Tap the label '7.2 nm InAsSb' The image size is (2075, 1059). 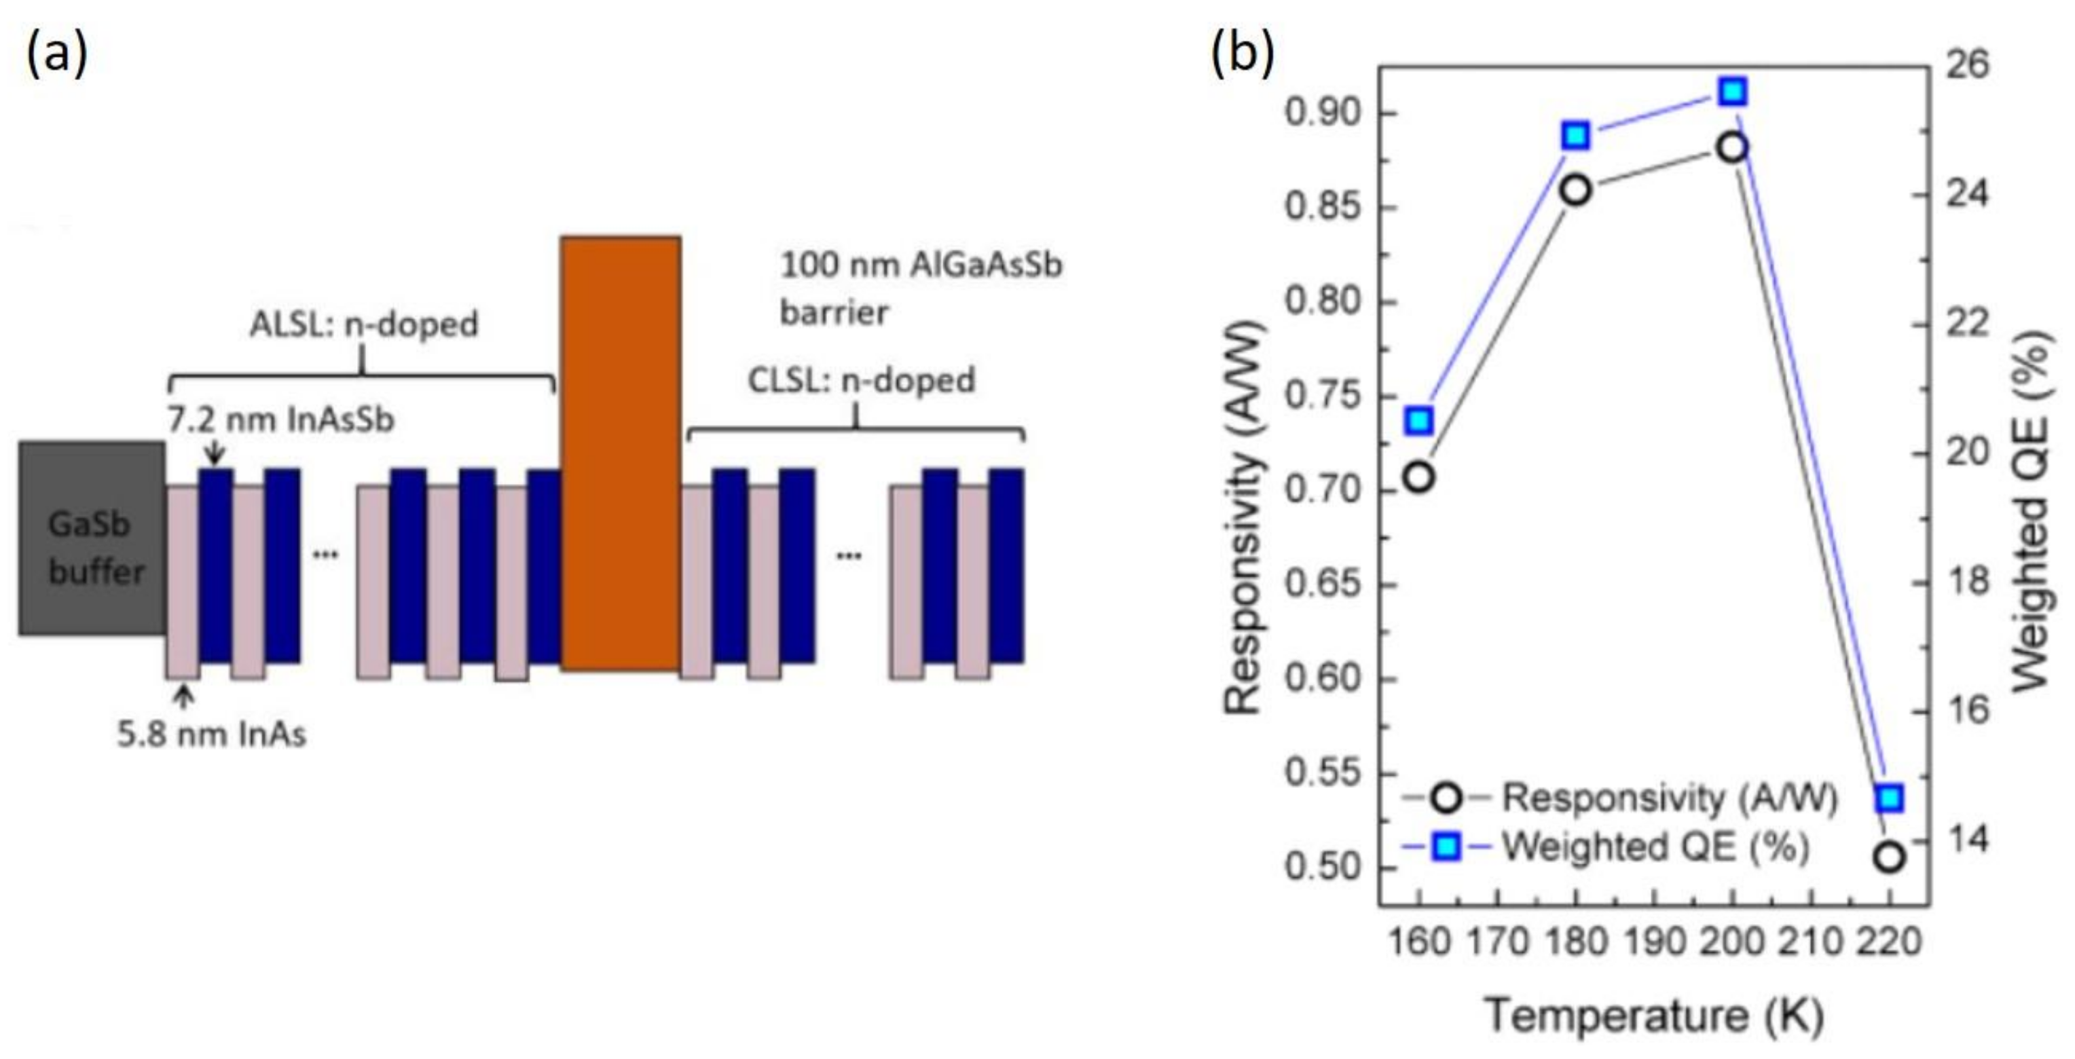click(x=281, y=420)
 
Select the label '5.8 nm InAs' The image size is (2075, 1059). click(x=212, y=735)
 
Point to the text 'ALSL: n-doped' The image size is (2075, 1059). click(x=363, y=324)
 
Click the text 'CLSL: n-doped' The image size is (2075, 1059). click(x=861, y=380)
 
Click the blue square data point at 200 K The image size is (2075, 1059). click(x=1733, y=92)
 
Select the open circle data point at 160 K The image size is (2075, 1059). click(x=1418, y=477)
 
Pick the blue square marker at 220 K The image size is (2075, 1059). click(x=1889, y=799)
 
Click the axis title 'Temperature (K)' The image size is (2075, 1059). click(x=1654, y=1016)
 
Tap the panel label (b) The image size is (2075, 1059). click(x=1243, y=53)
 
